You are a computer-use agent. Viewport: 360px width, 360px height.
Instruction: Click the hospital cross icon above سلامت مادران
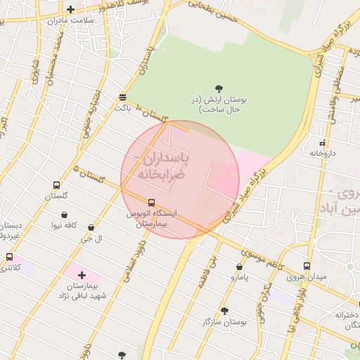(70, 10)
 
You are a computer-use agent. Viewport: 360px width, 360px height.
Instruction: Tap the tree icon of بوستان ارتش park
(219, 89)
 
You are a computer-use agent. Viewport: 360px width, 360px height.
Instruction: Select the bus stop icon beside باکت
(123, 97)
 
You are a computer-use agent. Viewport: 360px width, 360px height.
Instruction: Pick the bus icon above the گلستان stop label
(56, 186)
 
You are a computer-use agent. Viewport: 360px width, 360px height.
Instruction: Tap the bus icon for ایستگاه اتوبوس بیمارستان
(152, 202)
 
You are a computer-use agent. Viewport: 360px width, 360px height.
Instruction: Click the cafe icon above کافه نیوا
(65, 215)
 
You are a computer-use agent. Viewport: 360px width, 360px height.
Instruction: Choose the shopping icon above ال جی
(91, 228)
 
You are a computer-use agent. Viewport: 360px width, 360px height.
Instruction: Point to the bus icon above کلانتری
(9, 257)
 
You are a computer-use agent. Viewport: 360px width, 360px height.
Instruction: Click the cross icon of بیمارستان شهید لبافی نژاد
(82, 275)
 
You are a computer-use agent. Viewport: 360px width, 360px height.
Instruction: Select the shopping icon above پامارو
(240, 267)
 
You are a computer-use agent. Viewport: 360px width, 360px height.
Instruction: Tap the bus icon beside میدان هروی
(306, 266)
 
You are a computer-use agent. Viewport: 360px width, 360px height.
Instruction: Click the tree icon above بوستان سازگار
(224, 311)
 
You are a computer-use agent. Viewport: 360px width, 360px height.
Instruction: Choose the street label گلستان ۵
(90, 175)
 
